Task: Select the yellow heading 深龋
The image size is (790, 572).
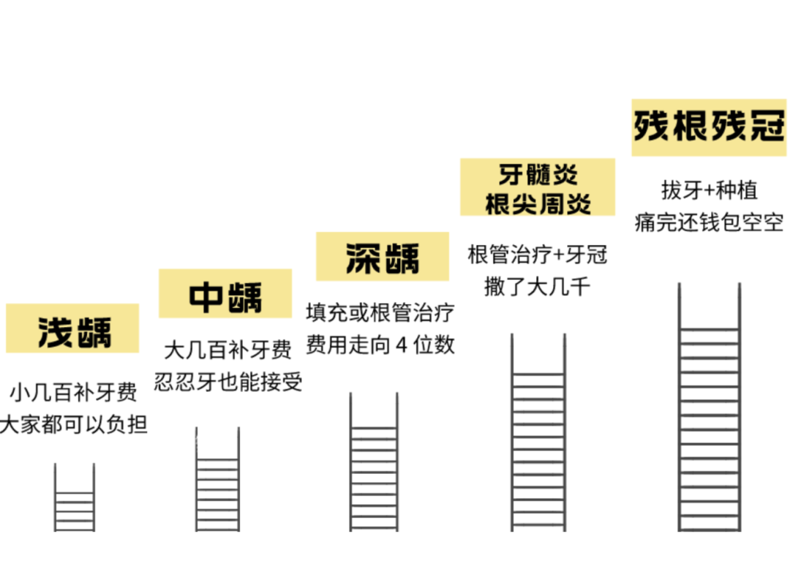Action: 383,257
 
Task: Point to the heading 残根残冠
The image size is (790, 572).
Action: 709,126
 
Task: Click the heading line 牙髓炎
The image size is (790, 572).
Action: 538,175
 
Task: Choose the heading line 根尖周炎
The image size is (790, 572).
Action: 538,203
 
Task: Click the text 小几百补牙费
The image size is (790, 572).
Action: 73,393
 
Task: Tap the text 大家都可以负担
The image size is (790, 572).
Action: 73,425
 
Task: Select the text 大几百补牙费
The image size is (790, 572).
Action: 228,350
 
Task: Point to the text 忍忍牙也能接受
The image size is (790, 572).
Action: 228,382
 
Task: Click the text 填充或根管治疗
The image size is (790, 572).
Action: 380,313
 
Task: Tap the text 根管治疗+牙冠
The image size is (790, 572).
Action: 538,255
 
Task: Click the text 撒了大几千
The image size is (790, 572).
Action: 538,286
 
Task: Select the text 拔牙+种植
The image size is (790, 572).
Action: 709,190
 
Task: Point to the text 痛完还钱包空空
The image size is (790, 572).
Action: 709,222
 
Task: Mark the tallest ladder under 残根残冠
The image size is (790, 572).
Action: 709,410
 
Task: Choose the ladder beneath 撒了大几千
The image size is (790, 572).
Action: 538,435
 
